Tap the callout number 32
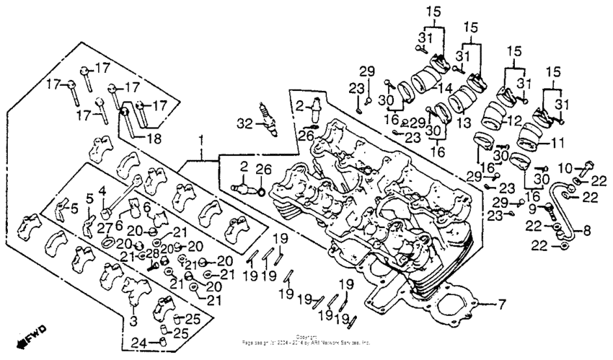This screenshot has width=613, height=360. tap(246, 123)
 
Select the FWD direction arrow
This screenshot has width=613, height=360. tap(32, 335)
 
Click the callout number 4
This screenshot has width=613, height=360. tap(102, 191)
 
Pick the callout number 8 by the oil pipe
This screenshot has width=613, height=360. tap(586, 232)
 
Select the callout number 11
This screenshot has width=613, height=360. tap(557, 144)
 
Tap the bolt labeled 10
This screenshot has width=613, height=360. tap(586, 167)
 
